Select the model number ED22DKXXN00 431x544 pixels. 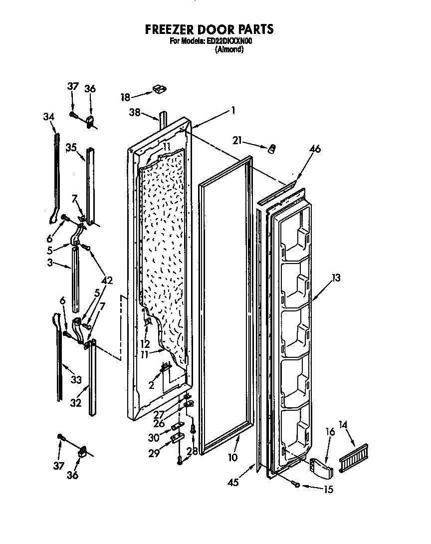pyautogui.click(x=228, y=42)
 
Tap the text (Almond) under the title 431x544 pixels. pyautogui.click(x=229, y=50)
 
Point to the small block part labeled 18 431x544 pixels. pyautogui.click(x=160, y=89)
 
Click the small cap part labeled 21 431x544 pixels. pyautogui.click(x=273, y=149)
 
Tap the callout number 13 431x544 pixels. pyautogui.click(x=336, y=278)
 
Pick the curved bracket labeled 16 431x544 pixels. pyautogui.click(x=319, y=467)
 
